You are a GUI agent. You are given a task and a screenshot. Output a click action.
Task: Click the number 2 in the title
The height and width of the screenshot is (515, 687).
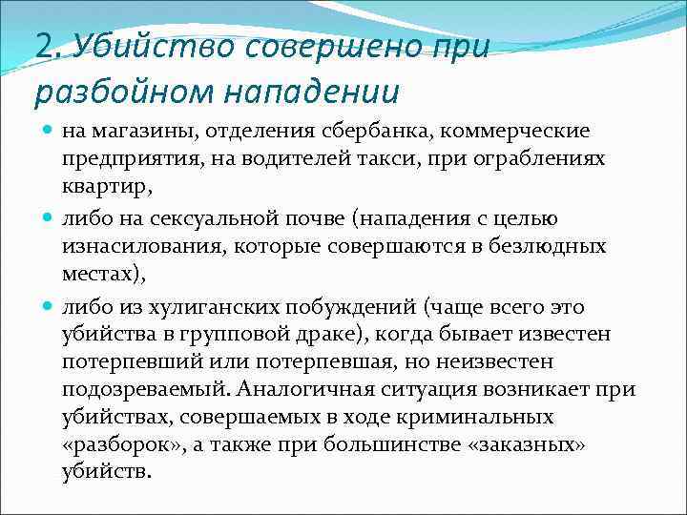(x=43, y=47)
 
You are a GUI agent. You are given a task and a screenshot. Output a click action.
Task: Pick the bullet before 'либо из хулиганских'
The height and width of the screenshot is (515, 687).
(x=48, y=307)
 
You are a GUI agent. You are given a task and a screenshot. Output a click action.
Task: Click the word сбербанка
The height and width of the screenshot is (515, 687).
(x=393, y=130)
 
